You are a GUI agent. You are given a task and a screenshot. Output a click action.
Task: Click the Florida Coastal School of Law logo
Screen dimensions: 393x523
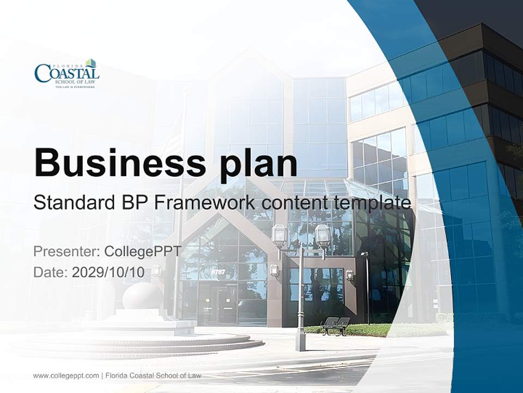point(66,74)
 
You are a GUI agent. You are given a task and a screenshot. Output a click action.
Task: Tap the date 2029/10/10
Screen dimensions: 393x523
point(108,272)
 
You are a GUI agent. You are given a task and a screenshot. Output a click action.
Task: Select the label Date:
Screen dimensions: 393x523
point(51,272)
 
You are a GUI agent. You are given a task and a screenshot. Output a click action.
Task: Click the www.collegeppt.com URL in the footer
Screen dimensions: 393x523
point(65,376)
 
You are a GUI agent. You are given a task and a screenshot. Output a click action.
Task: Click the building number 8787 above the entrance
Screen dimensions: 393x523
point(218,271)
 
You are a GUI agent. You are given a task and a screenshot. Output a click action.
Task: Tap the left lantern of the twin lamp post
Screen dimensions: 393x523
point(279,235)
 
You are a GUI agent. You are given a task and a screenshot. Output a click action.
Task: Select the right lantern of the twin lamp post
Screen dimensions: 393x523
point(322,235)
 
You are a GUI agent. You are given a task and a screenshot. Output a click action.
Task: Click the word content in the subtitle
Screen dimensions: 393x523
point(294,203)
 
